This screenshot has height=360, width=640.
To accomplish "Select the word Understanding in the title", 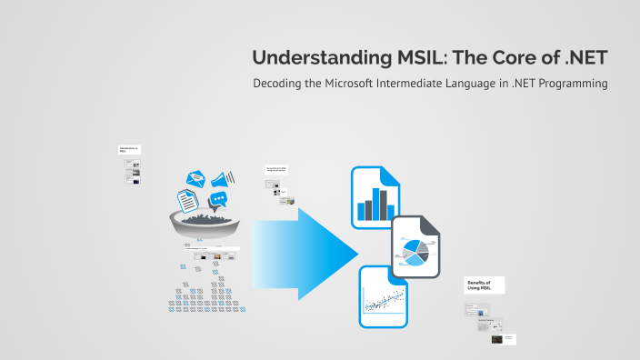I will click(311, 57).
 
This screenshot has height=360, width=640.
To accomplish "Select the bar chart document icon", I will click(375, 197).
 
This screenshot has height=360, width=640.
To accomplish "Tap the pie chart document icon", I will click(417, 247).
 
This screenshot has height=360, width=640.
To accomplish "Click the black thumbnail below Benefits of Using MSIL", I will click(497, 339).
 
